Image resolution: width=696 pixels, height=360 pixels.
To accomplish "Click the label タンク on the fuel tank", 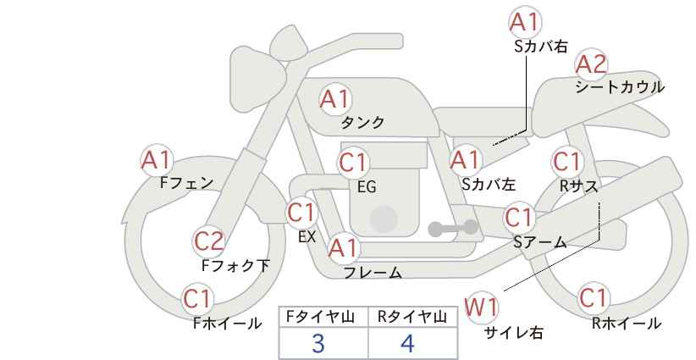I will [x=362, y=122].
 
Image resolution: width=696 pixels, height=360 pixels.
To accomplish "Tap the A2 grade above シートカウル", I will [x=591, y=64].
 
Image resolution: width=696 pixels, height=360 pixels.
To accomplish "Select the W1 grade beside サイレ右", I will [x=482, y=307].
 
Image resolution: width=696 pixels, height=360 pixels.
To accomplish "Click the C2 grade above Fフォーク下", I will [x=209, y=241].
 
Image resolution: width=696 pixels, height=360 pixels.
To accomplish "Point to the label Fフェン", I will [x=186, y=182].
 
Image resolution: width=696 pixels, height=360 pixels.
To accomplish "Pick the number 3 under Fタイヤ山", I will [x=318, y=343].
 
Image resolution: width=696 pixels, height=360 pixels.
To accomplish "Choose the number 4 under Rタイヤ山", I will [x=407, y=343].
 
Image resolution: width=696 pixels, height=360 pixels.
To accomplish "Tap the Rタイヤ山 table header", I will [x=411, y=317].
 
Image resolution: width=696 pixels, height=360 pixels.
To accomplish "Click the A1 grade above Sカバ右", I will [x=524, y=22].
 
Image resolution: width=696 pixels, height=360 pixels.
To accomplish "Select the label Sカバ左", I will [x=489, y=183].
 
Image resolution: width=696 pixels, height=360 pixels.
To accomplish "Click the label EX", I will [x=307, y=236].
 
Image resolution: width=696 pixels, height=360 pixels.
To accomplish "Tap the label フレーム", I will [x=373, y=273].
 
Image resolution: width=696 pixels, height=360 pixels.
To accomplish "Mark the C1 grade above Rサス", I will [x=566, y=161].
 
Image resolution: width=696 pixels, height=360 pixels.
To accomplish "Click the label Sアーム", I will [x=539, y=242].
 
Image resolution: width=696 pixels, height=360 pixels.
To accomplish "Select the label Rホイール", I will [x=626, y=323].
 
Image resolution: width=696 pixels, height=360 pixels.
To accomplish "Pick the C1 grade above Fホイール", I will [x=199, y=298].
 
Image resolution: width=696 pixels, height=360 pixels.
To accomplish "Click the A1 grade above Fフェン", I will [x=157, y=158].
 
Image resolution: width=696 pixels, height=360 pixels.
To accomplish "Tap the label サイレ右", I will [x=513, y=333].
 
